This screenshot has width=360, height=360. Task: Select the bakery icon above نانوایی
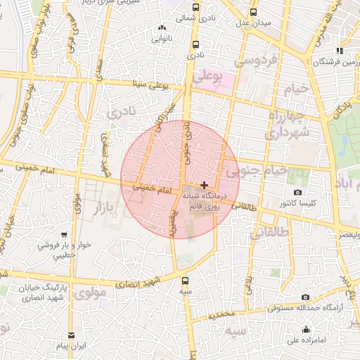(160, 27)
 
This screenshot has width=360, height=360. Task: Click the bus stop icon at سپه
(184, 280)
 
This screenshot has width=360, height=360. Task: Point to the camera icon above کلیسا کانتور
(297, 192)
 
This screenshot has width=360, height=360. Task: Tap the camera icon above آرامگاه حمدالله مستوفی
(305, 297)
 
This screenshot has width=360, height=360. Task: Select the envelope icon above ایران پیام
(70, 336)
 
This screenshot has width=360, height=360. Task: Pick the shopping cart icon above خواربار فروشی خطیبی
(64, 235)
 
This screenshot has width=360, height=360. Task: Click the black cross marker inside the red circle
(204, 184)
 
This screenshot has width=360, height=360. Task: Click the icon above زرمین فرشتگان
(340, 51)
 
